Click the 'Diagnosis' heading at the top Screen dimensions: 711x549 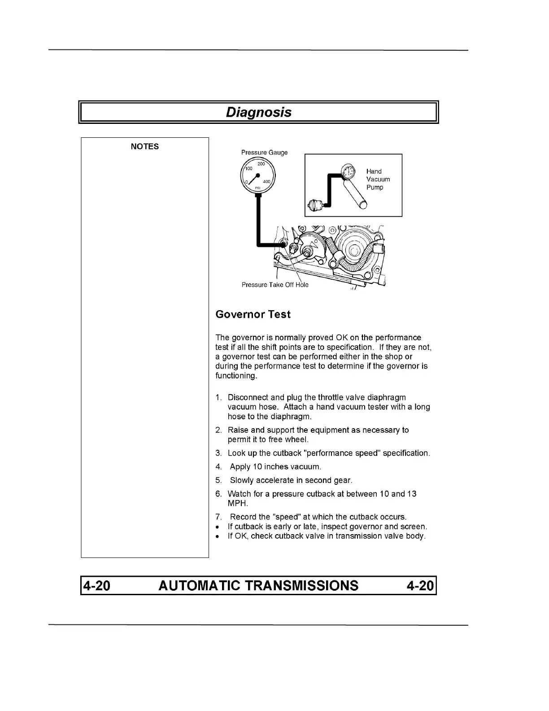pyautogui.click(x=258, y=112)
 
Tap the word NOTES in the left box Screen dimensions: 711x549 pyautogui.click(x=144, y=146)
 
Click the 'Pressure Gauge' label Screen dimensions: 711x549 pyautogui.click(x=264, y=153)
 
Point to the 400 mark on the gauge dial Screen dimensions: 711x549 pyautogui.click(x=266, y=182)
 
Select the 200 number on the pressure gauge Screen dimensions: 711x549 pyautogui.click(x=261, y=164)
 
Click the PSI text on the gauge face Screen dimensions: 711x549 pyautogui.click(x=257, y=188)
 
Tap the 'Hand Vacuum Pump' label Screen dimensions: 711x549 pyautogui.click(x=378, y=179)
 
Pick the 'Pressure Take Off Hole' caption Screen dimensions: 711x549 pyautogui.click(x=275, y=285)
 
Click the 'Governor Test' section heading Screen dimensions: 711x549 pyautogui.click(x=253, y=314)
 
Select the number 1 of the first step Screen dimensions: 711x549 pyautogui.click(x=218, y=397)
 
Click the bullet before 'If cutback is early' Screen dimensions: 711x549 pyautogui.click(x=218, y=527)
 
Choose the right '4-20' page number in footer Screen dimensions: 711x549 pyautogui.click(x=420, y=585)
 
